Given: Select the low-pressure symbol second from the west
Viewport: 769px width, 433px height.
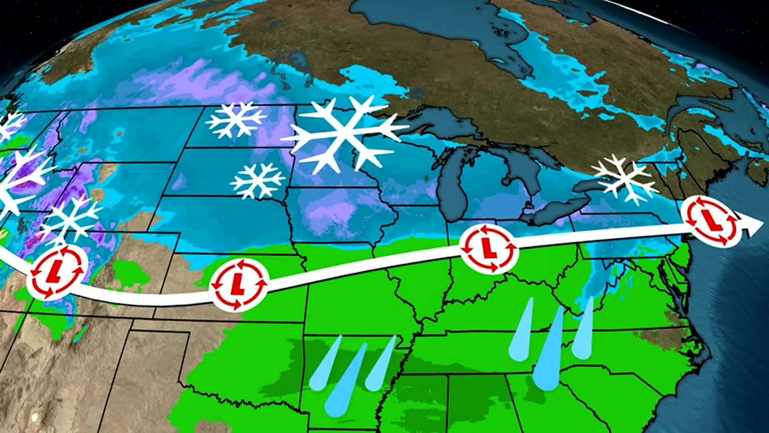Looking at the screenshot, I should pos(239,284).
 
